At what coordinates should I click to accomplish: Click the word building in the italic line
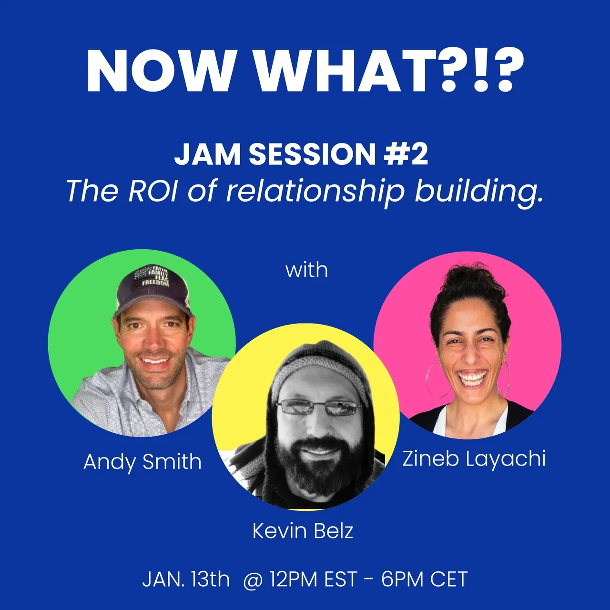(x=478, y=192)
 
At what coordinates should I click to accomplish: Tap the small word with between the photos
(x=306, y=270)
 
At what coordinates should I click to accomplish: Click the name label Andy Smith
(x=142, y=462)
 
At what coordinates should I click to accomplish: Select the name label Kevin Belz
(x=303, y=531)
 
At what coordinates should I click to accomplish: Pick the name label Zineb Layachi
(x=474, y=459)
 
